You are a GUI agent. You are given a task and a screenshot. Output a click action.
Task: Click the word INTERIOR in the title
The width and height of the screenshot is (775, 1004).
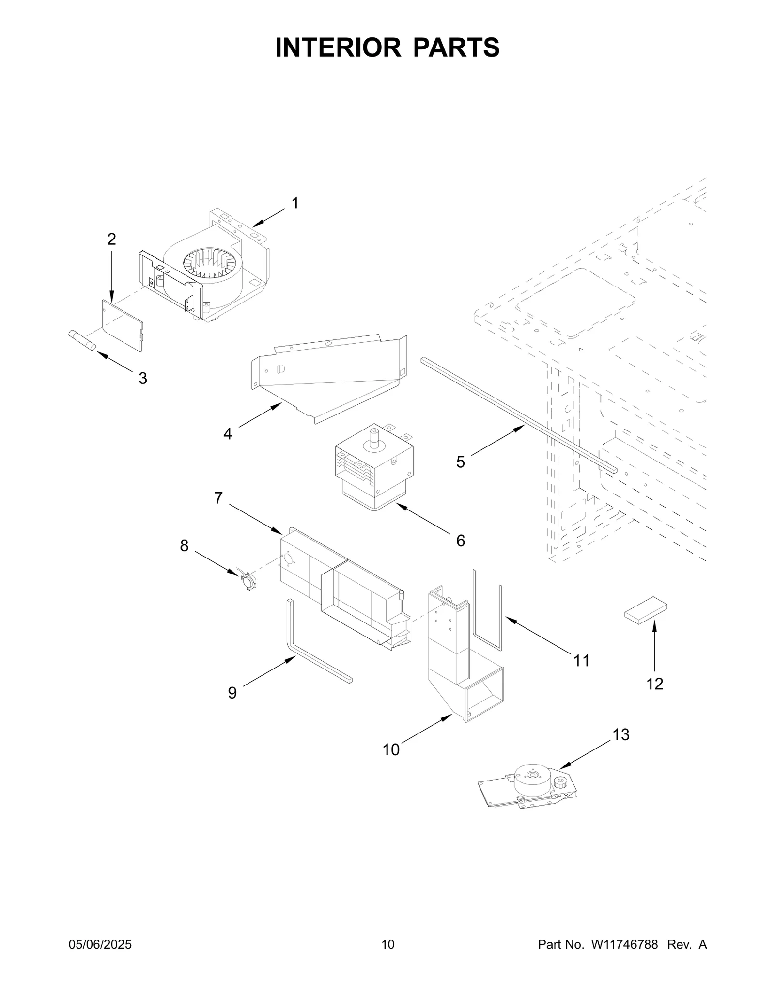[338, 48]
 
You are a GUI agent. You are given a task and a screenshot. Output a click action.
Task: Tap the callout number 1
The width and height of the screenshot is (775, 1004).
[295, 203]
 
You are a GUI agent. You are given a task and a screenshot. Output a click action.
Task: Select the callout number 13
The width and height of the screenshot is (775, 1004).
[620, 735]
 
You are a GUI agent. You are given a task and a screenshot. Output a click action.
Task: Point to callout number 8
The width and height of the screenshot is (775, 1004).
[184, 545]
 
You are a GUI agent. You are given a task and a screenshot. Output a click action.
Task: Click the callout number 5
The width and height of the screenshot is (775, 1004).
[460, 462]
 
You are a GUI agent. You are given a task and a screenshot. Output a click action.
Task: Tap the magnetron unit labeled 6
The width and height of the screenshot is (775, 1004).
[374, 467]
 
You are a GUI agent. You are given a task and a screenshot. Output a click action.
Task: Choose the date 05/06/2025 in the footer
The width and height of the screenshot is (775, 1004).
[100, 958]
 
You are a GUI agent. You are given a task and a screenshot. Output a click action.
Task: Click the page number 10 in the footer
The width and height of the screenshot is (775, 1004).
[387, 958]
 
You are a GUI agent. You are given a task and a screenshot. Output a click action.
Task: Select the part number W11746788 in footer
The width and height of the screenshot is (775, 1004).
[624, 958]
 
